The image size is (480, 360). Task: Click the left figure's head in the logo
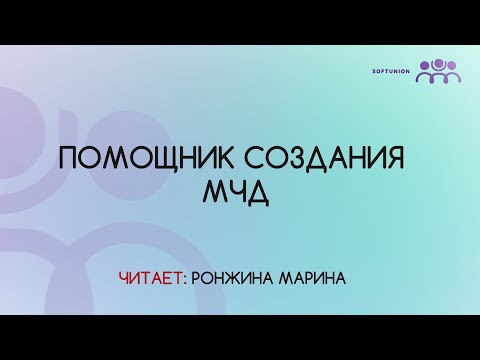424,65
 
